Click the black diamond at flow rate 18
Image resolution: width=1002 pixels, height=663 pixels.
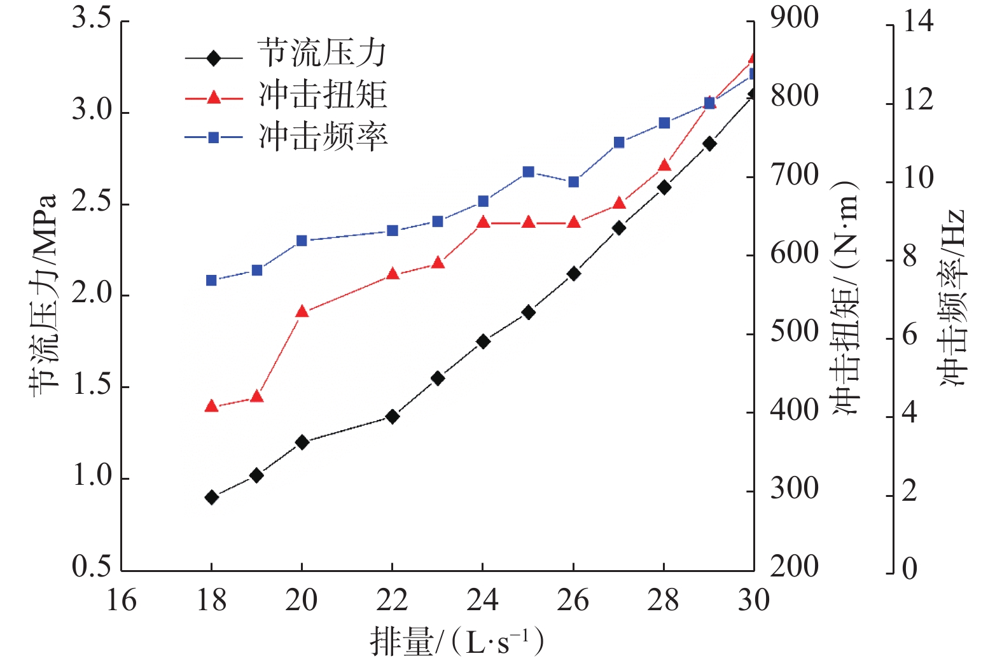point(212,497)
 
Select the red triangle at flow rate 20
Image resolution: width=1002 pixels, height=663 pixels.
point(302,312)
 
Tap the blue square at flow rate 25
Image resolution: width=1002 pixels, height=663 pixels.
point(528,172)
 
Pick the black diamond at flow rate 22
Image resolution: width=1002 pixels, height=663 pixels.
point(393,417)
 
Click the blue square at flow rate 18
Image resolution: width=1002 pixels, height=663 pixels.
point(212,281)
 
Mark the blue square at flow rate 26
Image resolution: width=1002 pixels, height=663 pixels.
point(573,182)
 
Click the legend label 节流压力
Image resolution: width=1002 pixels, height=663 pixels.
point(322,53)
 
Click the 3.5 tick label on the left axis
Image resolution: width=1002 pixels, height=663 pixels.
point(92,18)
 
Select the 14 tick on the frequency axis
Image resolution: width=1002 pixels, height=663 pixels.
point(918,22)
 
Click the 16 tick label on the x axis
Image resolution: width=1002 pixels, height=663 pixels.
point(121,600)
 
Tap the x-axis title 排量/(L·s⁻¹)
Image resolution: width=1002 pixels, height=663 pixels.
point(457,641)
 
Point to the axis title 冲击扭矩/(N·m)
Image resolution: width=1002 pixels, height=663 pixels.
point(845,297)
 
